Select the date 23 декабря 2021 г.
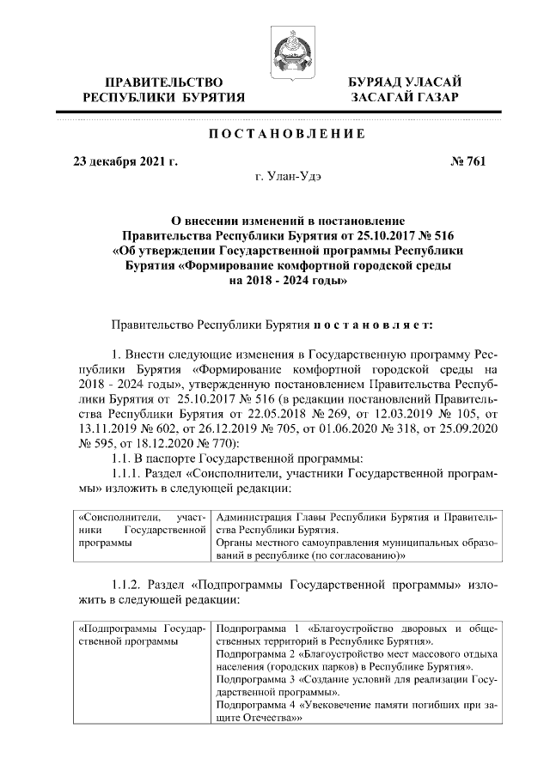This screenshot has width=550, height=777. pos(125,161)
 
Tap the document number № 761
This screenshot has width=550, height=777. pos(467,161)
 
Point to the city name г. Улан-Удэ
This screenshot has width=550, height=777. pos(288,176)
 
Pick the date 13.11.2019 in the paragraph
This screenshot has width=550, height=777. pos(106,425)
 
